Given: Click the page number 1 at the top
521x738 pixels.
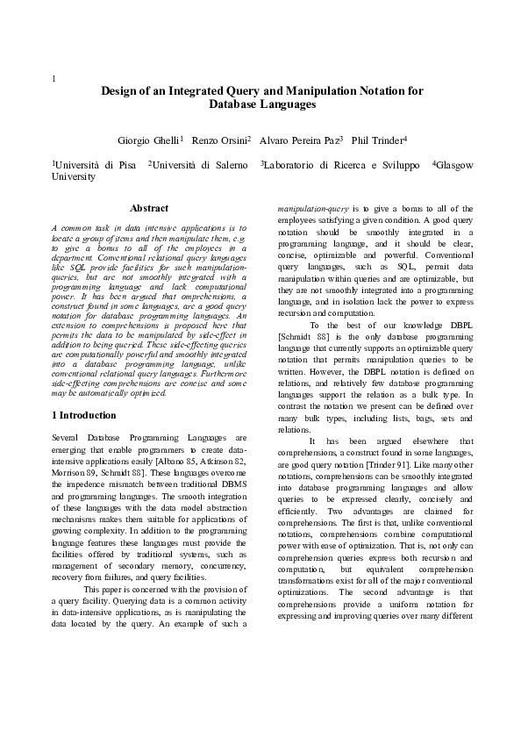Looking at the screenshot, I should point(54,79).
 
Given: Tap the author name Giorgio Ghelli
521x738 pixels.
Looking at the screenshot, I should point(148,140).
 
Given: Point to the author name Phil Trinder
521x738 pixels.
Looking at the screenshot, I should point(377,140).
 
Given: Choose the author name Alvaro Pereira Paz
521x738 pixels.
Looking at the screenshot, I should point(298,140).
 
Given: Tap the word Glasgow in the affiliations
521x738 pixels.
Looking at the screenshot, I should point(455,165).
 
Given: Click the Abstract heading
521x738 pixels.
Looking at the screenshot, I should point(149,209).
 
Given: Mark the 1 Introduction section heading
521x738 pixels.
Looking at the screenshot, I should point(84,415).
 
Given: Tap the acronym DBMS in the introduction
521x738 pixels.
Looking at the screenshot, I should point(232,485).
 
